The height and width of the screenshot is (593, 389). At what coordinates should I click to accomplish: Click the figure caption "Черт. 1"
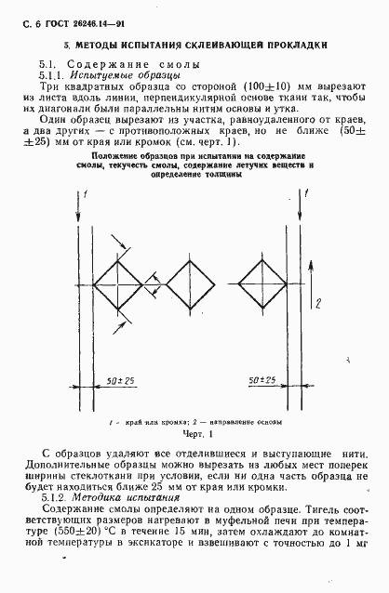194,433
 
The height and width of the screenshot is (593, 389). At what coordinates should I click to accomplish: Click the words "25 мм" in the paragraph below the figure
162,483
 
